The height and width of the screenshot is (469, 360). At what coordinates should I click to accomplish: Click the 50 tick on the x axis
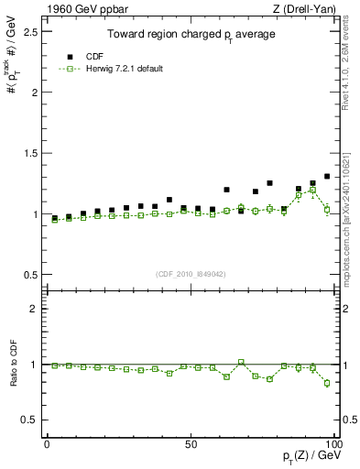coord(191,443)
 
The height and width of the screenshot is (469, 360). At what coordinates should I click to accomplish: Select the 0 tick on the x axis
coord(47,443)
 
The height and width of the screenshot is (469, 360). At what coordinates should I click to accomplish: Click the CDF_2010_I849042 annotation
coord(191,273)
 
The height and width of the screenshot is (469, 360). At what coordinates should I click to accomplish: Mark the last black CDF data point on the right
coord(327,176)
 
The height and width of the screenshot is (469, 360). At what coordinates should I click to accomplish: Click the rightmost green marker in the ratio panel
coord(327,383)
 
